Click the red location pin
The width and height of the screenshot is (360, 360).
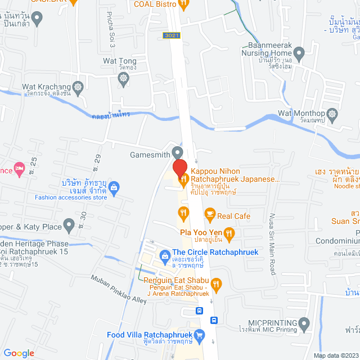pyautogui.click(x=179, y=169)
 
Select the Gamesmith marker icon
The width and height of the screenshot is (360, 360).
pyautogui.click(x=178, y=152)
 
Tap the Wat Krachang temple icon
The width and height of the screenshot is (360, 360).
pyautogui.click(x=78, y=87)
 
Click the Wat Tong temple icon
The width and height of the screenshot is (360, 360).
pyautogui.click(x=126, y=73)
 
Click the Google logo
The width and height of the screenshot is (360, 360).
pyautogui.click(x=19, y=353)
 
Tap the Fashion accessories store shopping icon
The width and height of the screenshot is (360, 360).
pyautogui.click(x=114, y=186)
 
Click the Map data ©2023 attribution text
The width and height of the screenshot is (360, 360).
pyautogui.click(x=335, y=355)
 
